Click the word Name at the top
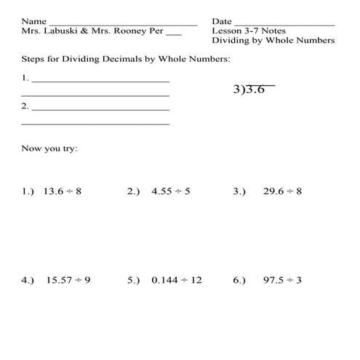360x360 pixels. (33, 21)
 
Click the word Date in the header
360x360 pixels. (222, 21)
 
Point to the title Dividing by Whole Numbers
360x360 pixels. (273, 41)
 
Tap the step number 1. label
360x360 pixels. (25, 76)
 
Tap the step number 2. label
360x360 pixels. (25, 106)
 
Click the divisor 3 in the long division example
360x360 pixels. (237, 91)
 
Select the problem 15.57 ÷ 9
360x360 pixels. (68, 280)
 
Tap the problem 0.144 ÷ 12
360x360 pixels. (177, 280)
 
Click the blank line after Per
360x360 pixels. (173, 33)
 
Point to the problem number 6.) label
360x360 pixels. (239, 280)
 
